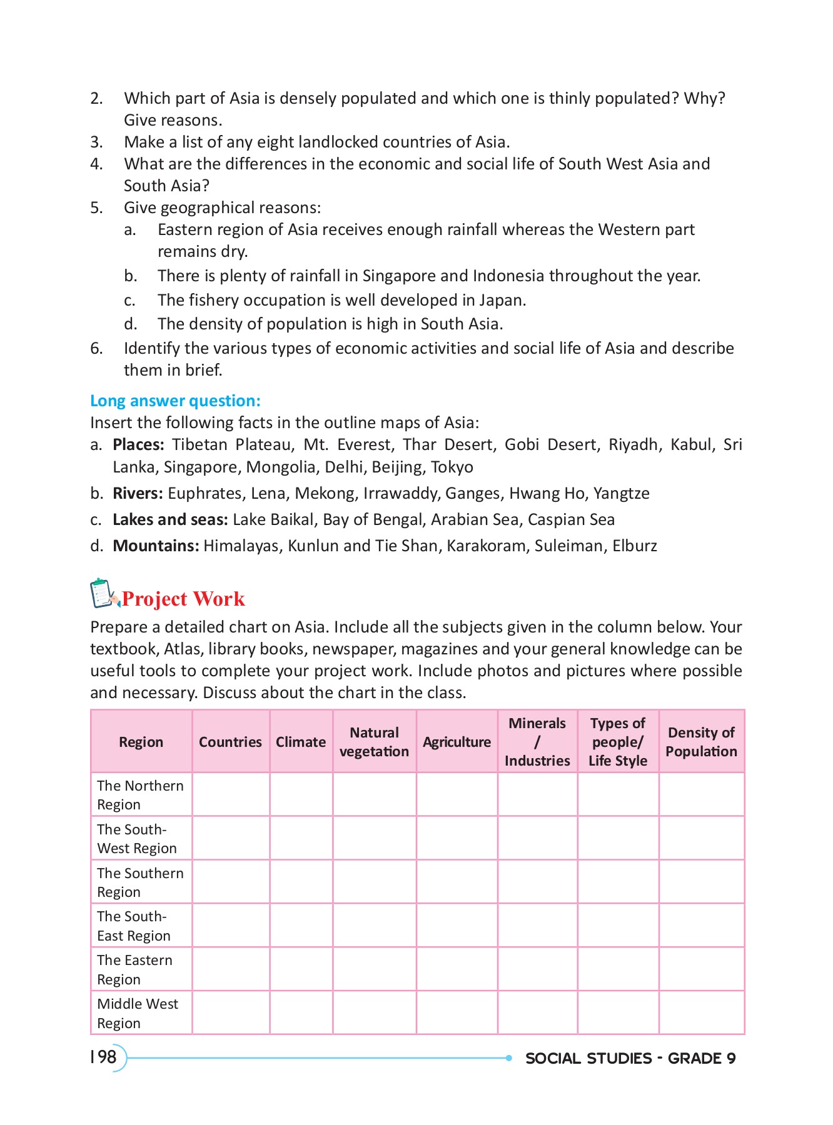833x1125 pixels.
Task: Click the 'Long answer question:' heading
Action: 175,401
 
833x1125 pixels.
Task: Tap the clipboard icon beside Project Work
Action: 104,593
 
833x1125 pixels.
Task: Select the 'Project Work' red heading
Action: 183,599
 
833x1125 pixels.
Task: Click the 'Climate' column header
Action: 301,742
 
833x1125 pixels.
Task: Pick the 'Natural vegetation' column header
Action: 374,742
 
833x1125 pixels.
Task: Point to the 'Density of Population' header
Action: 701,742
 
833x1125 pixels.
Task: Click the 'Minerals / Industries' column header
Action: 537,742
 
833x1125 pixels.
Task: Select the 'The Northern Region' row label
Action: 141,795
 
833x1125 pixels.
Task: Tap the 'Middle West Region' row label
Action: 138,1013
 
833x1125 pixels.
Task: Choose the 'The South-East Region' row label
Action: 134,926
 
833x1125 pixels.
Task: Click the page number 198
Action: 104,1057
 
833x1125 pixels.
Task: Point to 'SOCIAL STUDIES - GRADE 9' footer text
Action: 630,1058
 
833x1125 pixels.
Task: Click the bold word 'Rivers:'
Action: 138,493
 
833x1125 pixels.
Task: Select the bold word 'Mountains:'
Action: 156,546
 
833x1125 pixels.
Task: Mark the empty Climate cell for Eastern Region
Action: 301,969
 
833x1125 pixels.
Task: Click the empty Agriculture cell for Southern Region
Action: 457,882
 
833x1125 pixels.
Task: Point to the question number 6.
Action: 96,348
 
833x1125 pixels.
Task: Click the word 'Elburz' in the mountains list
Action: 634,546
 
